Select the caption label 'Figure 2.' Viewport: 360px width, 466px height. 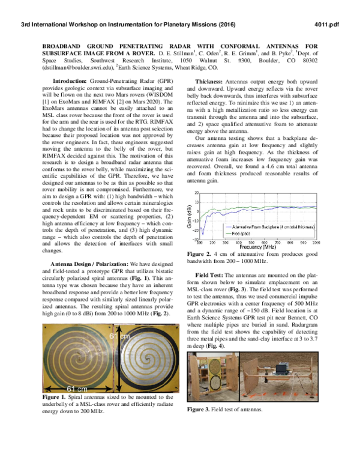click(x=195, y=255)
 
